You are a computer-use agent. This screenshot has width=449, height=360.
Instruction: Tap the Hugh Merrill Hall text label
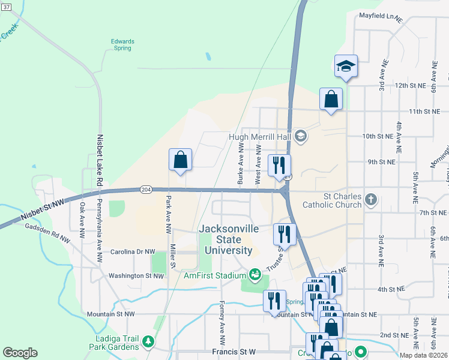[259, 137]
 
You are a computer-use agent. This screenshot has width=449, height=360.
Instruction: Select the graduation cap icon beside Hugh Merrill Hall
[301, 137]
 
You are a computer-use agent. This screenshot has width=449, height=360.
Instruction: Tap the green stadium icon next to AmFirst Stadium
[255, 275]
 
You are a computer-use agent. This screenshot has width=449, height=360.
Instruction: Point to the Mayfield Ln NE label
[380, 16]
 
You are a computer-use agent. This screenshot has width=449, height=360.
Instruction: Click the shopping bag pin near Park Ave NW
[180, 160]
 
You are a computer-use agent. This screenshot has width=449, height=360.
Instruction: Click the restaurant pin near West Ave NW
[279, 166]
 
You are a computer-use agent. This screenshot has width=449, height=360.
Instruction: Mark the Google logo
[20, 353]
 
